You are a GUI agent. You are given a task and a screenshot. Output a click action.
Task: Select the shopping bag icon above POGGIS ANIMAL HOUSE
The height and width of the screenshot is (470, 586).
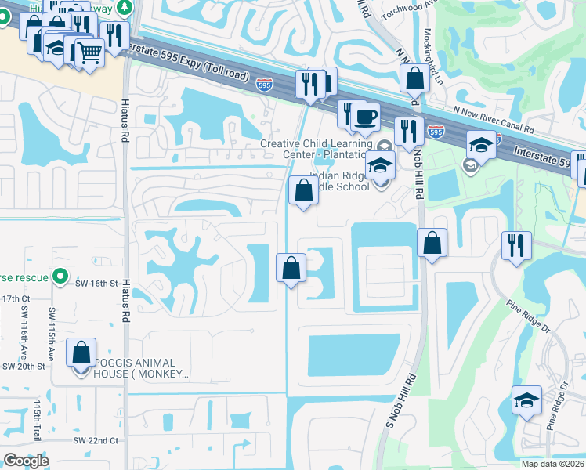81,353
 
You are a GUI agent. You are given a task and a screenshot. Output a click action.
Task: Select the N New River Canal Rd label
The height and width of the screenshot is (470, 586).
491,117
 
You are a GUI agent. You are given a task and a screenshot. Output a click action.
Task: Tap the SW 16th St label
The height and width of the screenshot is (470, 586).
99,282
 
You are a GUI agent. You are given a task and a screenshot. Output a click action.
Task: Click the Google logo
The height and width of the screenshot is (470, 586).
26,461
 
